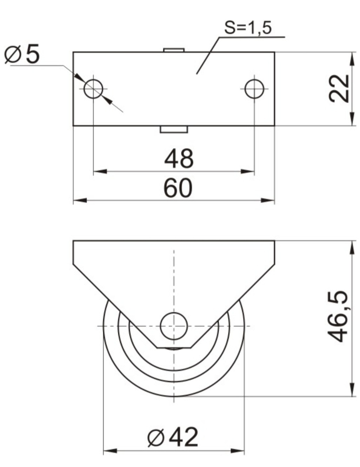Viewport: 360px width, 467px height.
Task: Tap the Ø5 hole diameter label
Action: click(22, 54)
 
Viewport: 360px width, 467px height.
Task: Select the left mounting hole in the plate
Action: click(93, 89)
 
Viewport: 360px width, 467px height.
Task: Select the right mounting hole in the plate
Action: click(254, 89)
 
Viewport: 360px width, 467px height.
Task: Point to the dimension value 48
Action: click(179, 159)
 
